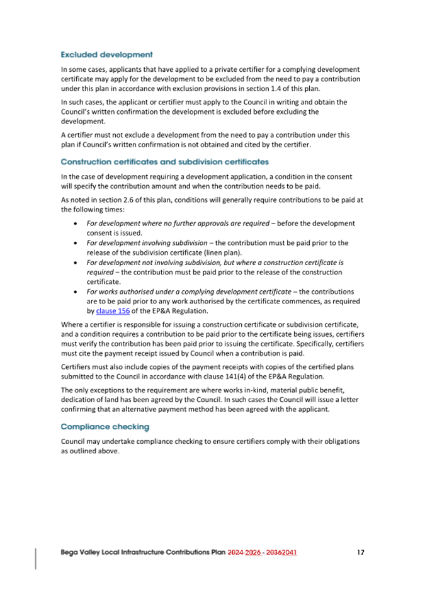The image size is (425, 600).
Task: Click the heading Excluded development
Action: [106, 54]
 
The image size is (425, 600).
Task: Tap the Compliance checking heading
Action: [105, 427]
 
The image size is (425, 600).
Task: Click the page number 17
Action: [361, 552]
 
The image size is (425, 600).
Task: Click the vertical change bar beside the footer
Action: [35, 558]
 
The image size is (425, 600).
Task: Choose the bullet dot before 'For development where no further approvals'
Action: [76, 224]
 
